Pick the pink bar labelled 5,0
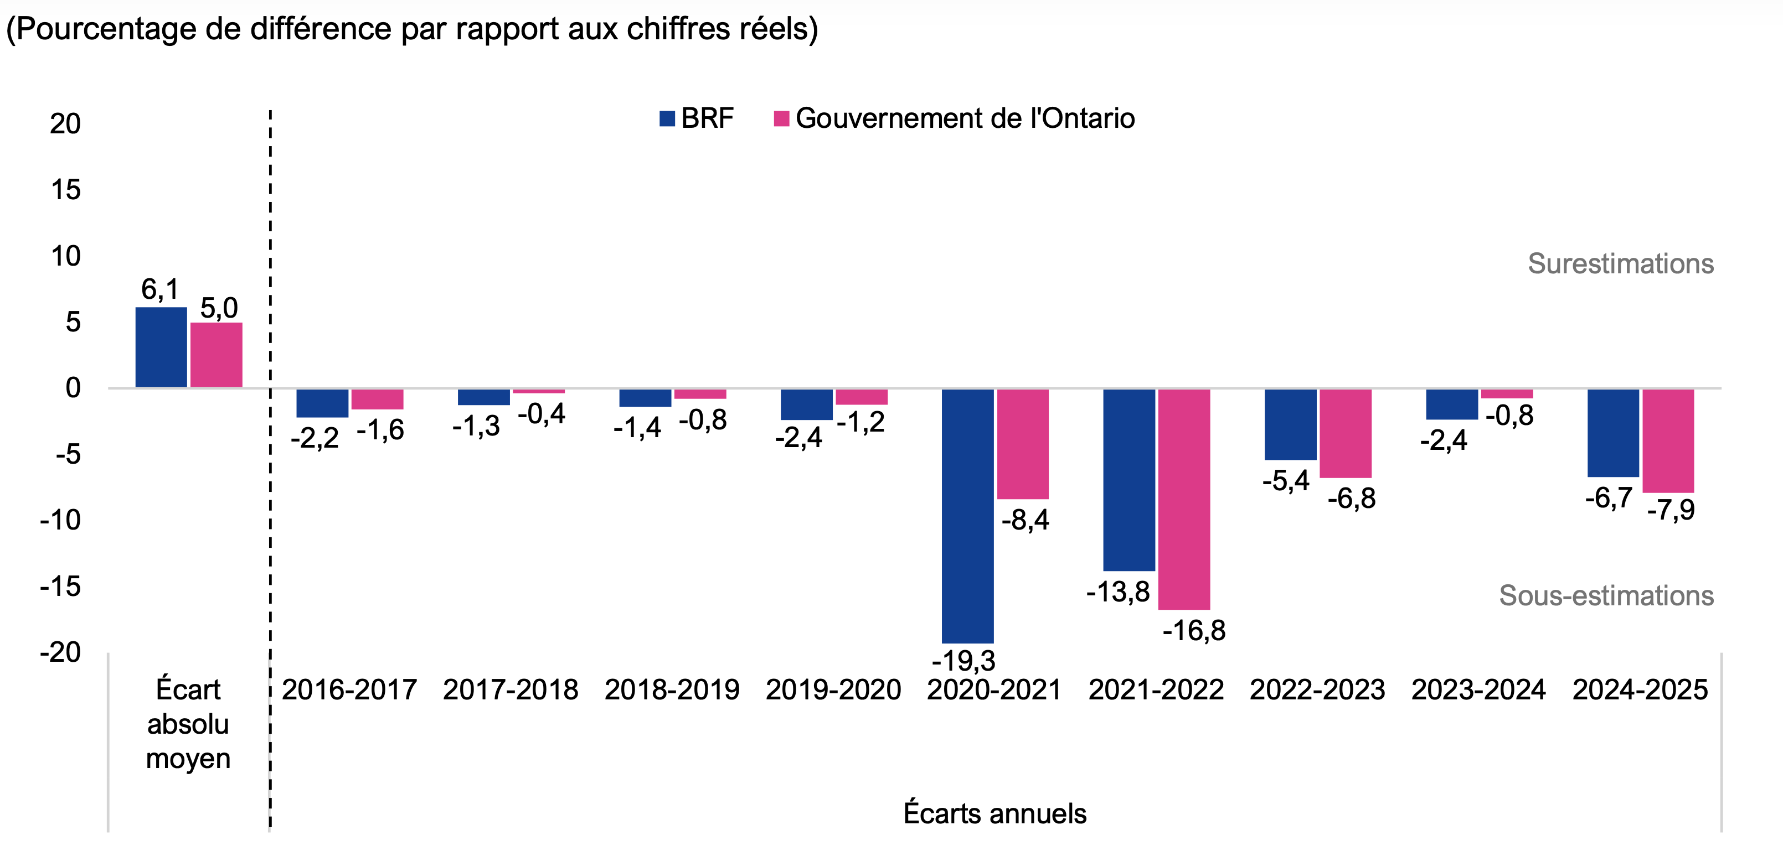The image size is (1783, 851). [x=216, y=354]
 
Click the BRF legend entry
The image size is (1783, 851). [x=697, y=118]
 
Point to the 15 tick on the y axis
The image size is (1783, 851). [x=66, y=190]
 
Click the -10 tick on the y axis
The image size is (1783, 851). [x=61, y=520]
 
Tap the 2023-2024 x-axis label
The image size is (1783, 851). [x=1478, y=690]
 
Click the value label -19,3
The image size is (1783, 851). [x=963, y=661]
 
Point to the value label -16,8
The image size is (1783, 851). [x=1194, y=630]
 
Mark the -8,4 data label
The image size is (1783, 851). [x=1025, y=520]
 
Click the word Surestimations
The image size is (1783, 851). [x=1620, y=263]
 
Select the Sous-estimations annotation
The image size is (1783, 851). [x=1606, y=596]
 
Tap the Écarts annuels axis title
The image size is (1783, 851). [x=994, y=813]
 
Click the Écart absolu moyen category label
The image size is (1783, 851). [x=188, y=724]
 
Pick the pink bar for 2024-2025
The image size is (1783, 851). [x=1668, y=441]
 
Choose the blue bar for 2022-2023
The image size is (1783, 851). [x=1290, y=424]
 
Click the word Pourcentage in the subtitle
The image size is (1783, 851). [x=102, y=29]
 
